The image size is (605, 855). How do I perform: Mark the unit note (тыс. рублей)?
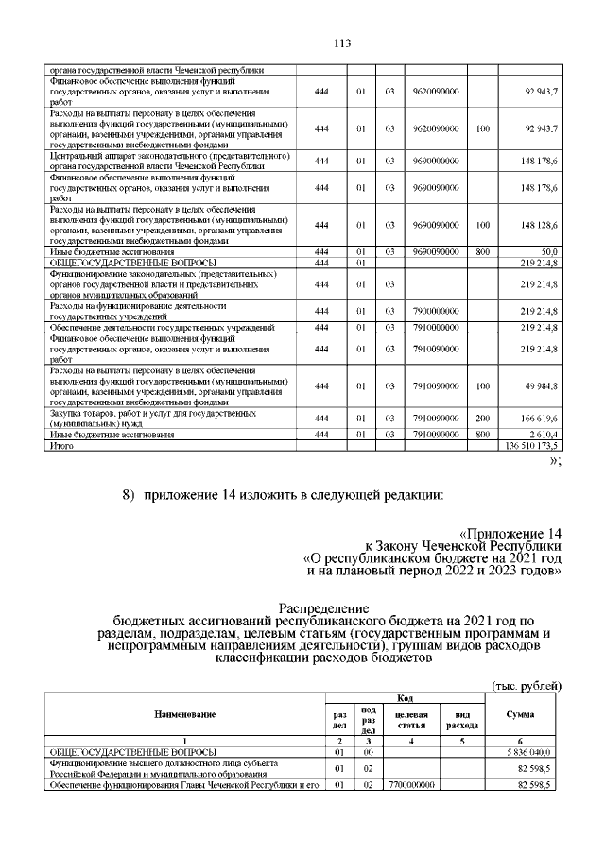tap(528, 684)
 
